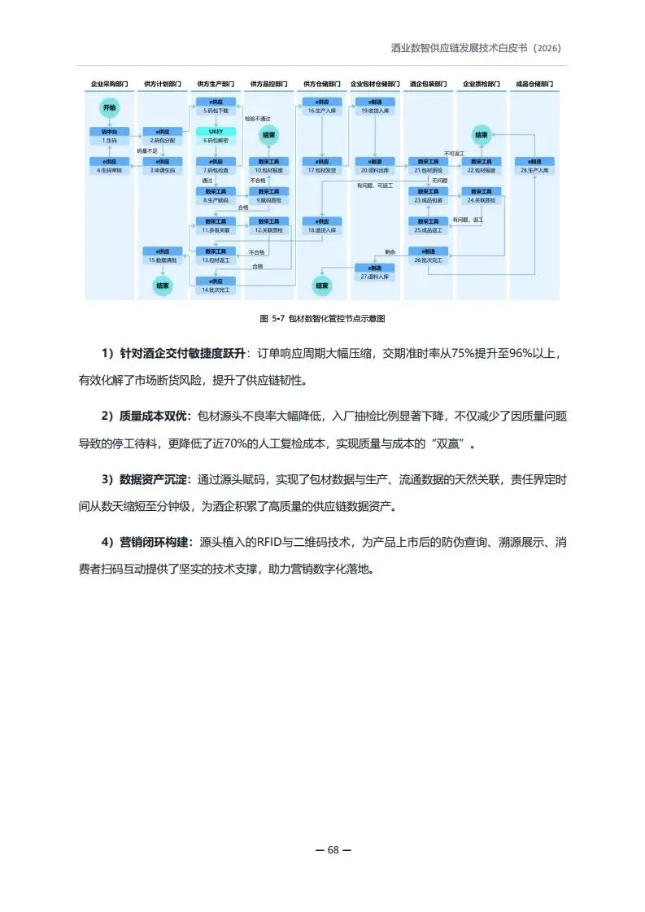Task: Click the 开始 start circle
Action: tap(109, 107)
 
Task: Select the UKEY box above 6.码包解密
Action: tap(216, 131)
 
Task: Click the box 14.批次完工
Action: tap(216, 286)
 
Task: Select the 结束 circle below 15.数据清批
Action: tap(162, 286)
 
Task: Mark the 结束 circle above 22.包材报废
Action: tap(481, 135)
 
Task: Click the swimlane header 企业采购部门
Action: tap(109, 84)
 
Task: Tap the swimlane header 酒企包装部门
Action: tap(428, 84)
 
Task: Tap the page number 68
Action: tap(333, 849)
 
